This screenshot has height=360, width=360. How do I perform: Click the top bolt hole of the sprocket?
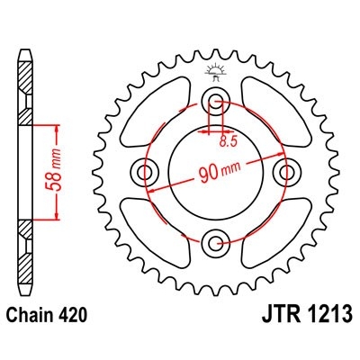[x=215, y=100]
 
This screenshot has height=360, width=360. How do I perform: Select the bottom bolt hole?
[x=215, y=241]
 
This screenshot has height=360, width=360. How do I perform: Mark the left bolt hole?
[x=144, y=171]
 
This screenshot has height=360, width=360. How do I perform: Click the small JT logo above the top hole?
[x=215, y=71]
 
